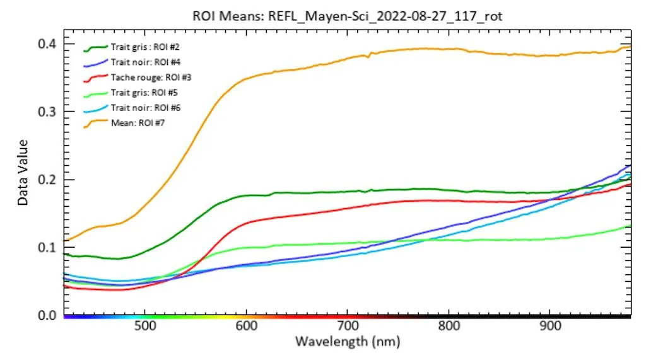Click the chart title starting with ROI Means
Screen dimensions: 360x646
click(348, 16)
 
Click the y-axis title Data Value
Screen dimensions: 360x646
click(23, 172)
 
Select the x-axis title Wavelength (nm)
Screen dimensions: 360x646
click(348, 342)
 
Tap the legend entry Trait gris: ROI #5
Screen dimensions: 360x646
click(138, 93)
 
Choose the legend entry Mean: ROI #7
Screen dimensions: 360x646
click(129, 123)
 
